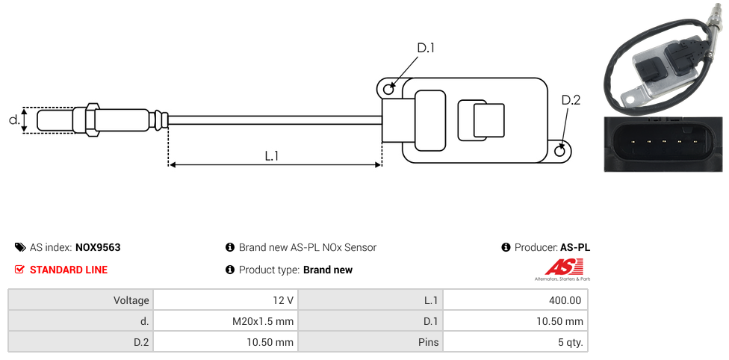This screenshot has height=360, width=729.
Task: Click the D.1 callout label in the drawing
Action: click(426, 48)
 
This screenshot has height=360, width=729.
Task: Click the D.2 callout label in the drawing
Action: click(571, 100)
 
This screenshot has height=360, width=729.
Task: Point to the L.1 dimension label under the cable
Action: click(272, 155)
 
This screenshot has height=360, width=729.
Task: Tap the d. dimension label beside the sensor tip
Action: click(13, 120)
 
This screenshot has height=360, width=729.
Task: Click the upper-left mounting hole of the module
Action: click(388, 90)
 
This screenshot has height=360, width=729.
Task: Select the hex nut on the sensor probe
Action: click(93, 120)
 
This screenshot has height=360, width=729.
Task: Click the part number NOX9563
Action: click(98, 247)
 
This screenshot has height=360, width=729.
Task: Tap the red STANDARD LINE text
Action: click(69, 270)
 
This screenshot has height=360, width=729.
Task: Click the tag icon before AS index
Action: click(20, 247)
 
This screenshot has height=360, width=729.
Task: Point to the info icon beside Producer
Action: click(506, 247)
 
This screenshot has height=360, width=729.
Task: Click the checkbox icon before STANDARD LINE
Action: click(20, 270)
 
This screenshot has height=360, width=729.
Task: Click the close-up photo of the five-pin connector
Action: click(663, 144)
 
